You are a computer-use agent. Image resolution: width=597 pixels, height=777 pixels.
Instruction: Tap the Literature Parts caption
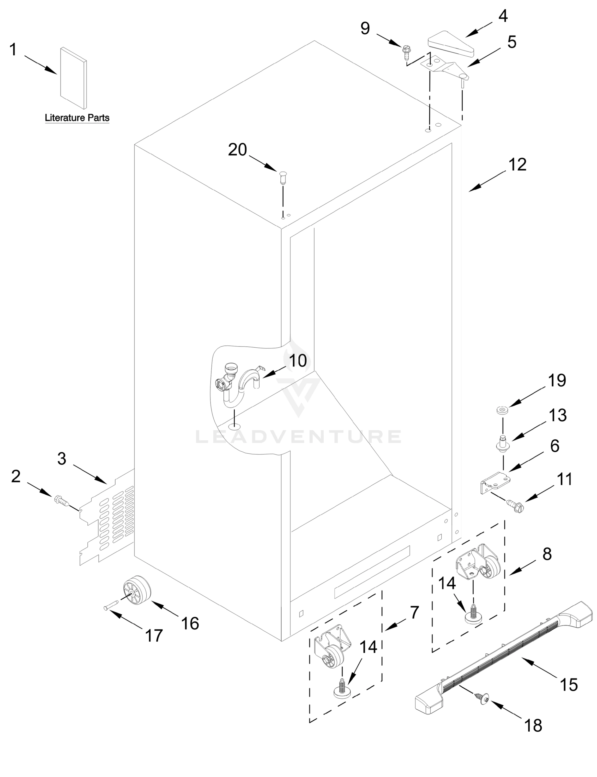(77, 118)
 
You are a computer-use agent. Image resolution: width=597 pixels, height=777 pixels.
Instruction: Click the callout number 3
(62, 459)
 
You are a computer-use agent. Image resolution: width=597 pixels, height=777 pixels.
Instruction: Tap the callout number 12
(517, 165)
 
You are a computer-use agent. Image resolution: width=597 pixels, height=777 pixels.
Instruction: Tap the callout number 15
(569, 685)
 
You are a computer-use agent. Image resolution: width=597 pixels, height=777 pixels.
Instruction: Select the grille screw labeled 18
(484, 698)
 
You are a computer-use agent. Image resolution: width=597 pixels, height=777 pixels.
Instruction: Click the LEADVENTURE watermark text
(298, 437)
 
